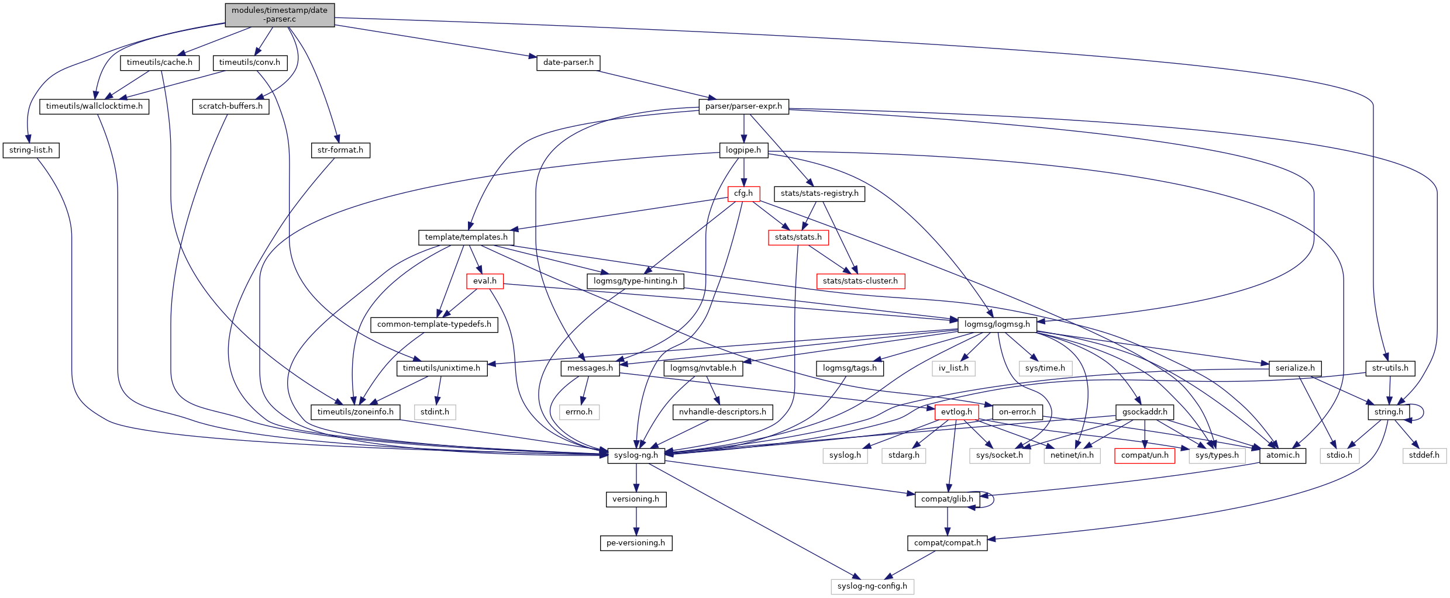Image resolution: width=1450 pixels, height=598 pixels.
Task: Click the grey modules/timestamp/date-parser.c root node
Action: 280,15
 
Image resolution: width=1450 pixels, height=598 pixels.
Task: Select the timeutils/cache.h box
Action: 159,63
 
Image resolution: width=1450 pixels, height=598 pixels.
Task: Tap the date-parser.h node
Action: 568,63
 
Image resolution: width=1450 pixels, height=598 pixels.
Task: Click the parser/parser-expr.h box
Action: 743,106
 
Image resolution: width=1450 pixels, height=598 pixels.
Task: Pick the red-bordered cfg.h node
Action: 743,193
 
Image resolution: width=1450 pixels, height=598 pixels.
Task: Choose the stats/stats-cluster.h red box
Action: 860,281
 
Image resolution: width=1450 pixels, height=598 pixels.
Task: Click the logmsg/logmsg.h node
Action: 997,324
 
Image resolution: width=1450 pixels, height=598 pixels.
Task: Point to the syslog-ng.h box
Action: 636,455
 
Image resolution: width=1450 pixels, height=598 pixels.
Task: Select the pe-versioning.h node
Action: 636,543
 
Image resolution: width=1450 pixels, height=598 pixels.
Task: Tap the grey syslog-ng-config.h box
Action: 872,586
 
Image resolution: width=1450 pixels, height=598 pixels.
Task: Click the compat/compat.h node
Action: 947,543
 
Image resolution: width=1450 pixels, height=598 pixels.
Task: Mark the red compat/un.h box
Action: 1144,455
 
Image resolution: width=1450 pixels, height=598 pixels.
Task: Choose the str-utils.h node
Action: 1390,368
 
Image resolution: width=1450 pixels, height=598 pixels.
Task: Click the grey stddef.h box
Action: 1424,455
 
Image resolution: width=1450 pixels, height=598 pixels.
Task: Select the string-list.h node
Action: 31,150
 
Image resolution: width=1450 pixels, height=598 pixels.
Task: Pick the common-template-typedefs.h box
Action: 434,324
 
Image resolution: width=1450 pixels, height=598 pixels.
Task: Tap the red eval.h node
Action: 484,281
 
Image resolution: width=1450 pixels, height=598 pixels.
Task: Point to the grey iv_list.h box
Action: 953,368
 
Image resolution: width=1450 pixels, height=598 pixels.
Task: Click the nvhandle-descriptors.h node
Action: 722,412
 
